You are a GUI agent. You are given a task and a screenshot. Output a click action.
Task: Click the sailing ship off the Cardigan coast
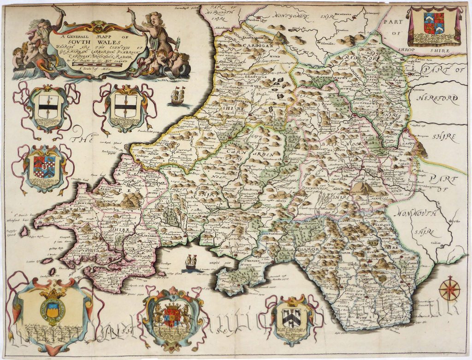point(177,95)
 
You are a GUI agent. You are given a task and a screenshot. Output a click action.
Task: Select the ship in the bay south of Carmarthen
point(190,264)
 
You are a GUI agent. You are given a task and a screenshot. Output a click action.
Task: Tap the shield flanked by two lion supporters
point(171,316)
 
